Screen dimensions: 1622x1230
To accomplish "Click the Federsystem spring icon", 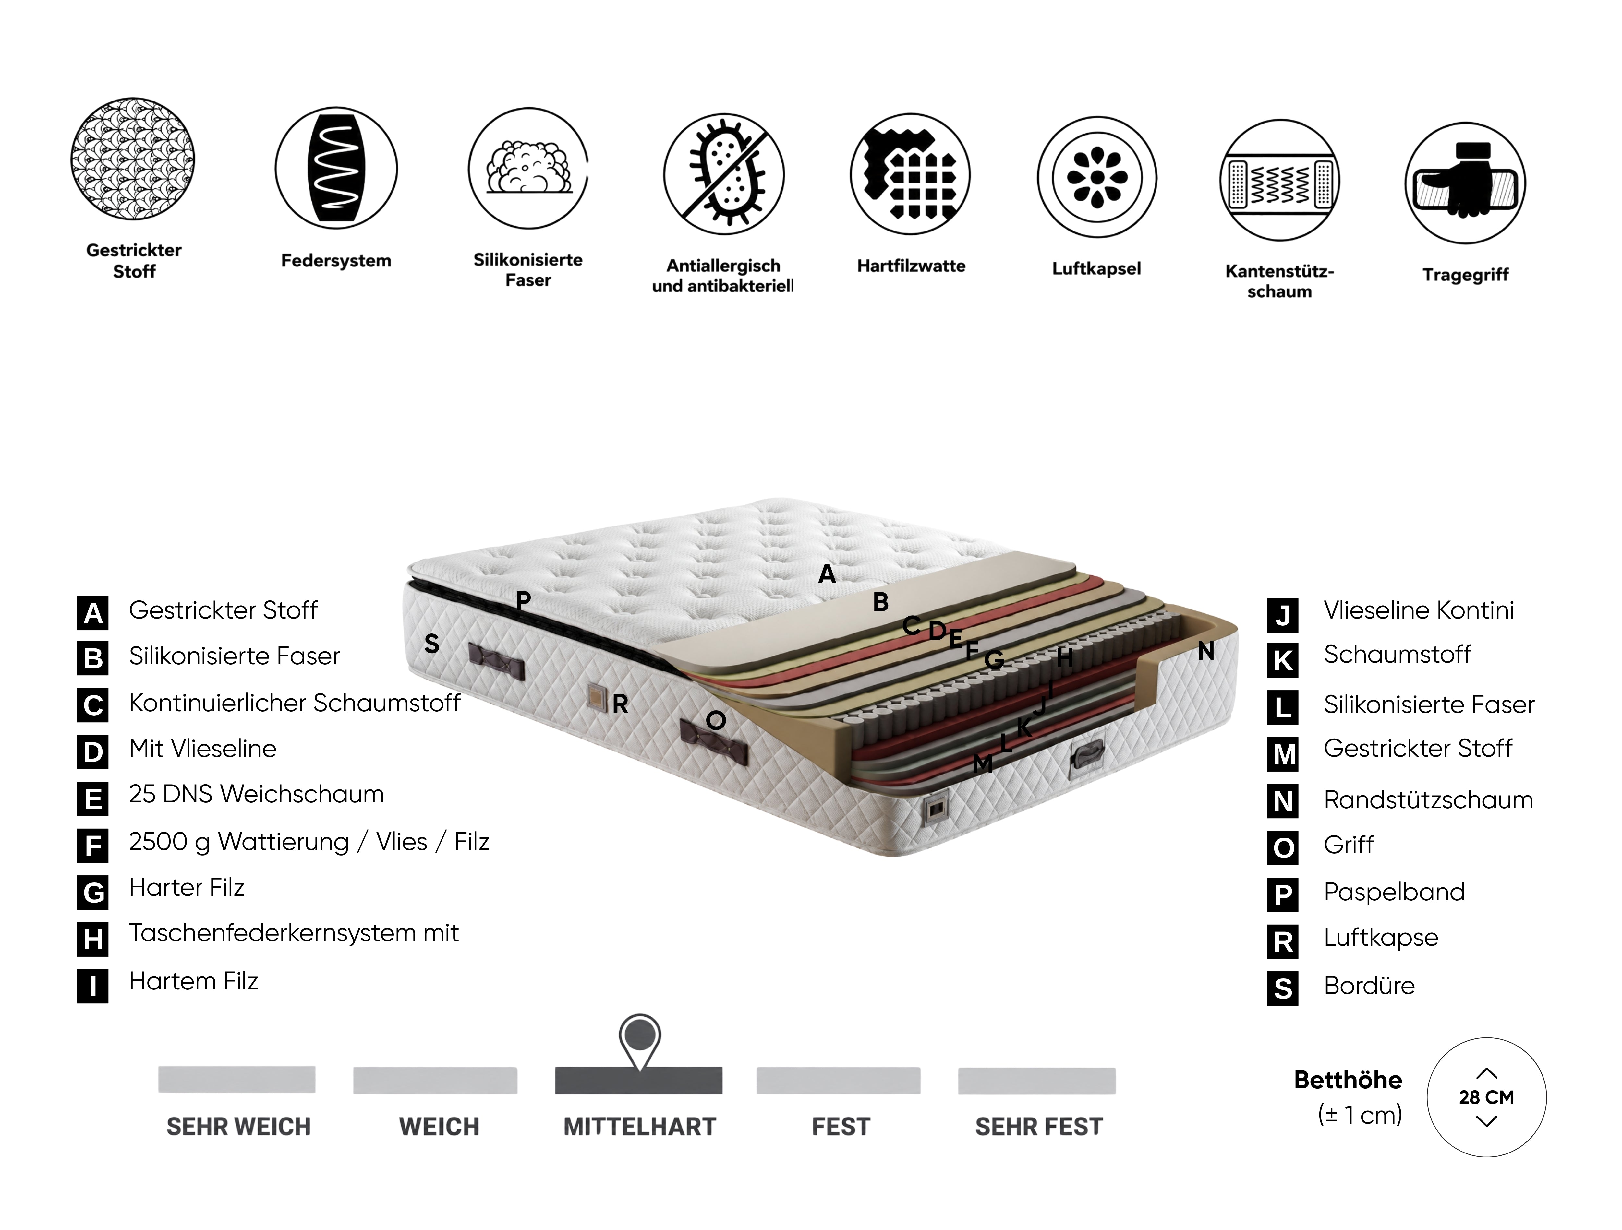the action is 336,168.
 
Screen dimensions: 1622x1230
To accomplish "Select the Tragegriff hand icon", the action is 1465,183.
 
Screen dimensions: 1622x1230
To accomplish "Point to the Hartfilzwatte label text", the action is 911,266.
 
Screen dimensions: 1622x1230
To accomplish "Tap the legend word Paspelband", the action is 1394,892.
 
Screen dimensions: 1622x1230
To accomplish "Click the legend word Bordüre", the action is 1369,986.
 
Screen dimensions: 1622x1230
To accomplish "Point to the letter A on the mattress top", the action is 827,574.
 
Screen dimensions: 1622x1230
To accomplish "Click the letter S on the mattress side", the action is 432,644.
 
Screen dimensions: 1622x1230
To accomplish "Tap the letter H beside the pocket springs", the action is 1065,657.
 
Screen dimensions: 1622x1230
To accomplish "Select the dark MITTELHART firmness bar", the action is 639,1081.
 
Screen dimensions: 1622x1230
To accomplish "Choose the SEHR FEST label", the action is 1038,1127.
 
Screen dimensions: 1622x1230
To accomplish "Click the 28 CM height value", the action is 1486,1097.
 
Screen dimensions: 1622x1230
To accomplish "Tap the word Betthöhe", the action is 1348,1080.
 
